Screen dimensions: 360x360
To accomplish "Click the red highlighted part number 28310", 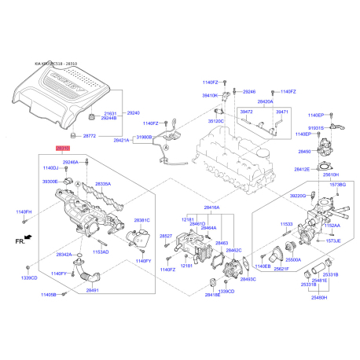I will pos(63,147).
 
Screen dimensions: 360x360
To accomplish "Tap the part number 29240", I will pos(134,113).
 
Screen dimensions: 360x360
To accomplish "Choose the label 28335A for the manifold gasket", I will pos(103,184).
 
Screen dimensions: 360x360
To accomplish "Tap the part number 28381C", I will pos(141,220).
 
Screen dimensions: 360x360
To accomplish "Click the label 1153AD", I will pos(101,252).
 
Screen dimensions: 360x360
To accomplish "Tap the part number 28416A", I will pos(211,208).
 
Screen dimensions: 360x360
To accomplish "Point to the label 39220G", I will pos(298,196).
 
